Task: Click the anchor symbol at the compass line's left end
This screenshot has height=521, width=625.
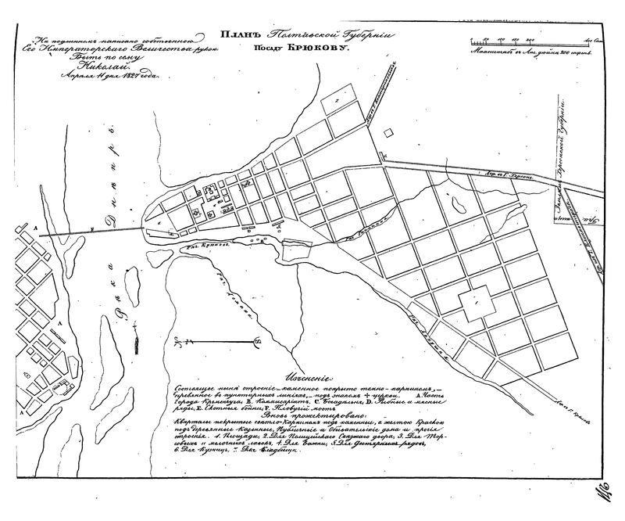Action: pos(178,342)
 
